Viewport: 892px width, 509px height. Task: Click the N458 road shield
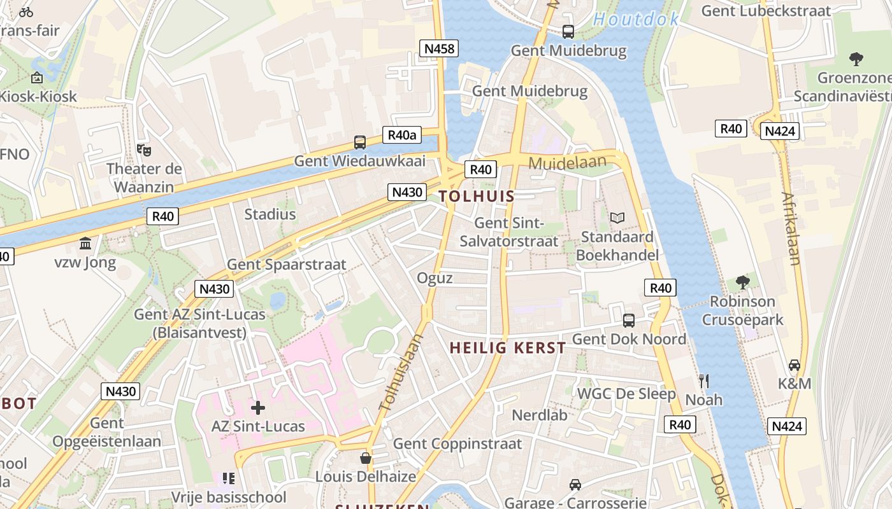click(439, 48)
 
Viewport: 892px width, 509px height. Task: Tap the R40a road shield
click(402, 135)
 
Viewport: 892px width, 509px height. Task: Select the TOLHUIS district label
click(477, 196)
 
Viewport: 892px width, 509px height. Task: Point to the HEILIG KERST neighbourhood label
click(508, 348)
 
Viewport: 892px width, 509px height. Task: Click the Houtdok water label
click(636, 20)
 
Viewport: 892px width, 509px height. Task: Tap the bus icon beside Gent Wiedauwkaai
click(360, 143)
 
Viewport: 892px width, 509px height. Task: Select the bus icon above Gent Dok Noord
click(629, 321)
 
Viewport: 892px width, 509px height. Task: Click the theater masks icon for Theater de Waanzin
click(144, 150)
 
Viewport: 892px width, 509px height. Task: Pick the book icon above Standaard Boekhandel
click(617, 218)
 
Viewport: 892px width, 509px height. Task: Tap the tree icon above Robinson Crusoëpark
click(742, 282)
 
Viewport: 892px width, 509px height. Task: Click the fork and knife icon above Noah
click(704, 381)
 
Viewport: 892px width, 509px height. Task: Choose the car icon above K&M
click(795, 365)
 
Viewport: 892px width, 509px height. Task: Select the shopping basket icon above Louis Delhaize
click(366, 458)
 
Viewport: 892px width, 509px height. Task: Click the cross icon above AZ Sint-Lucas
click(258, 408)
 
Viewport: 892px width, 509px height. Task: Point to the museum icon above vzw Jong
click(85, 244)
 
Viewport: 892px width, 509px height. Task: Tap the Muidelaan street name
click(567, 164)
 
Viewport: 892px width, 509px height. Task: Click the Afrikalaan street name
click(791, 228)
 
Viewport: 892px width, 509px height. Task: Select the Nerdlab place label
click(540, 415)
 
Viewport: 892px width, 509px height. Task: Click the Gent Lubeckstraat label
click(766, 11)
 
